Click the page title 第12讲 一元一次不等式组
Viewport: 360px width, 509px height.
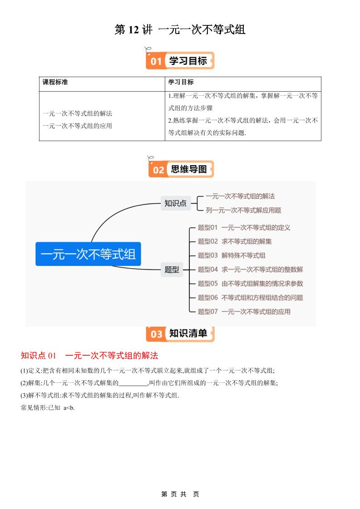click(180, 30)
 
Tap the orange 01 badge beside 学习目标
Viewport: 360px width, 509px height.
click(156, 61)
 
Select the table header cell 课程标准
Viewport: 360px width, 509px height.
click(55, 82)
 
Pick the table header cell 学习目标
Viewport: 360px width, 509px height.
click(181, 82)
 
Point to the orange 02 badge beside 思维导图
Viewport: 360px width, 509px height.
click(158, 170)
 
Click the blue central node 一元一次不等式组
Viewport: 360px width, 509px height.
click(88, 254)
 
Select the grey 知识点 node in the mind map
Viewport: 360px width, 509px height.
click(175, 203)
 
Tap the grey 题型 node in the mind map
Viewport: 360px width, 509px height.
click(172, 269)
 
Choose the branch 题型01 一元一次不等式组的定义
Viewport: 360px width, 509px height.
click(244, 227)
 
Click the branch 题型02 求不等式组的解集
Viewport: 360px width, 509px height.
click(235, 241)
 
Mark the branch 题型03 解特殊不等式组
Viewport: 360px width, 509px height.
click(232, 255)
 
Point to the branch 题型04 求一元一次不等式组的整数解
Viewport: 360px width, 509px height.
click(250, 269)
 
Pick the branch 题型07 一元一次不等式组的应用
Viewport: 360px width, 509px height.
click(244, 312)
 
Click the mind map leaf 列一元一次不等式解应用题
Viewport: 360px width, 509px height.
click(243, 210)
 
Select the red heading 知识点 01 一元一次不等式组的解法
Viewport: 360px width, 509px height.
click(89, 355)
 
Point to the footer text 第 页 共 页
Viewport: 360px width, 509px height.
click(180, 494)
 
